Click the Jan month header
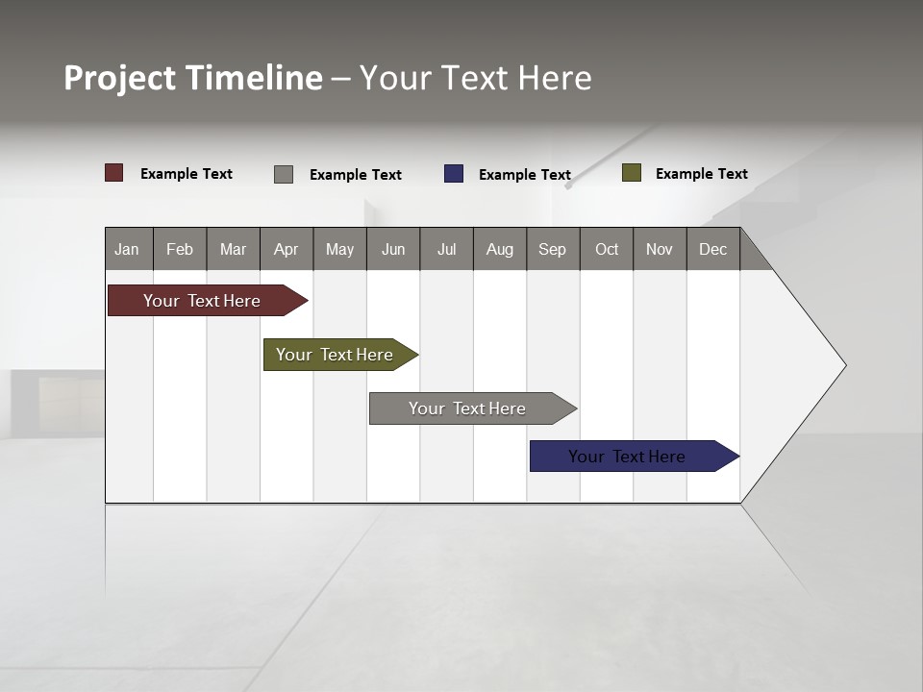pyautogui.click(x=128, y=249)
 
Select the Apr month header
pyautogui.click(x=287, y=249)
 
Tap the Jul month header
pyautogui.click(x=446, y=249)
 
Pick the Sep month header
pyautogui.click(x=553, y=249)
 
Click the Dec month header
pyautogui.click(x=712, y=249)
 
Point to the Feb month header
pyautogui.click(x=180, y=249)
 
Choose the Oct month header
pyautogui.click(x=607, y=249)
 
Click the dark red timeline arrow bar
pyautogui.click(x=202, y=301)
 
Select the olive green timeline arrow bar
pyautogui.click(x=335, y=355)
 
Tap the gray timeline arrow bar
pyautogui.click(x=467, y=408)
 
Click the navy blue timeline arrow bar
pyautogui.click(x=627, y=457)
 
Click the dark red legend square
pyautogui.click(x=114, y=173)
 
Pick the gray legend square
pyautogui.click(x=284, y=174)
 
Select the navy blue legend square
pyautogui.click(x=454, y=174)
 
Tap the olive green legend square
pyautogui.click(x=632, y=173)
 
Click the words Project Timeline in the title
pyautogui.click(x=193, y=78)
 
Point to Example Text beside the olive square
pyautogui.click(x=701, y=174)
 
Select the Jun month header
pyautogui.click(x=393, y=249)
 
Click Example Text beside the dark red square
pyautogui.click(x=187, y=174)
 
